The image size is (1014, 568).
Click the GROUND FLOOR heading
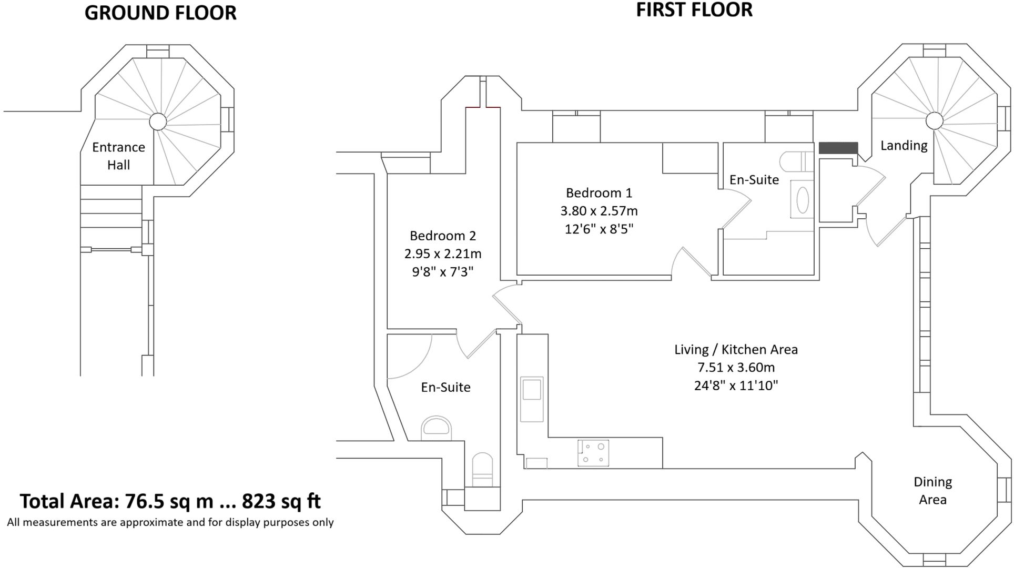point(160,13)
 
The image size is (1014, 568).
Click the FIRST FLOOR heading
point(694,10)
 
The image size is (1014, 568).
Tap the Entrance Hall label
point(118,156)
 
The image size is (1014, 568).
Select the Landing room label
point(904,145)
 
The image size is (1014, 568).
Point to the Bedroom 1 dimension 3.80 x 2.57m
point(599,211)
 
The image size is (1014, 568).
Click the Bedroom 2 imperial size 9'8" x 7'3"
point(442,271)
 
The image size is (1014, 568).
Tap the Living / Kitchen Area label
point(736,349)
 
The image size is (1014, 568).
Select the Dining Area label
point(932,490)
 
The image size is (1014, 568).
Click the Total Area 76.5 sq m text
point(170,501)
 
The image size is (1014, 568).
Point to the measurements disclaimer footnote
point(170,522)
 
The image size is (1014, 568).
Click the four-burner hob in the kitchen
point(593,453)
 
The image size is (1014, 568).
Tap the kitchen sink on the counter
point(532,399)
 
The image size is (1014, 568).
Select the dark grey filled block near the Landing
point(838,148)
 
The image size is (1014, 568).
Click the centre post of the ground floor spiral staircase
point(157,121)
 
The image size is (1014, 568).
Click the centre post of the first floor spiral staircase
point(934,120)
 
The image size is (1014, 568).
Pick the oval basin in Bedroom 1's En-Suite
point(802,200)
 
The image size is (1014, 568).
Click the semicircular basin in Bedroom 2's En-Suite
point(437,427)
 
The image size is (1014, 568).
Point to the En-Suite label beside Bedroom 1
point(754,179)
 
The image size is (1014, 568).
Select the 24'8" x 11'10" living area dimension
point(736,386)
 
